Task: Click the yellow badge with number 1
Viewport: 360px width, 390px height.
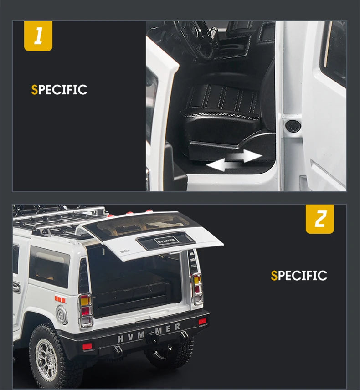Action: coord(38,36)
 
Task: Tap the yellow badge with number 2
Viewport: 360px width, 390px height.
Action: coord(320,219)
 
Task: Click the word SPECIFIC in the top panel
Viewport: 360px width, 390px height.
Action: coord(59,90)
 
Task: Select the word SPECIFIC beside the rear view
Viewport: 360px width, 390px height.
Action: coord(299,275)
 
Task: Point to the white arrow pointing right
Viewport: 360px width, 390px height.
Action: coord(245,156)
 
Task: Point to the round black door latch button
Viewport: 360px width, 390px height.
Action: coord(293,126)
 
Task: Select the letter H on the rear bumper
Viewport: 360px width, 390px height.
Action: coord(120,339)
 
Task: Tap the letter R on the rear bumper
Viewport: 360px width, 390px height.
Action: coord(177,327)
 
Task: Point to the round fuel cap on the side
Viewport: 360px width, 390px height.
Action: coord(62,315)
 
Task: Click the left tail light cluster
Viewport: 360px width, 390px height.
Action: coord(86,311)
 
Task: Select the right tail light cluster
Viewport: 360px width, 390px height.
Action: coord(197,289)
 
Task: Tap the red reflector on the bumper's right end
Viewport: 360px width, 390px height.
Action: coord(202,321)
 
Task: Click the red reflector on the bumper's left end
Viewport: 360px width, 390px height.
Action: coord(87,346)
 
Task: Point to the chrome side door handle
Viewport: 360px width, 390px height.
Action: coord(16,287)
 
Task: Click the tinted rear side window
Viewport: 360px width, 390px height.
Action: coord(49,267)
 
